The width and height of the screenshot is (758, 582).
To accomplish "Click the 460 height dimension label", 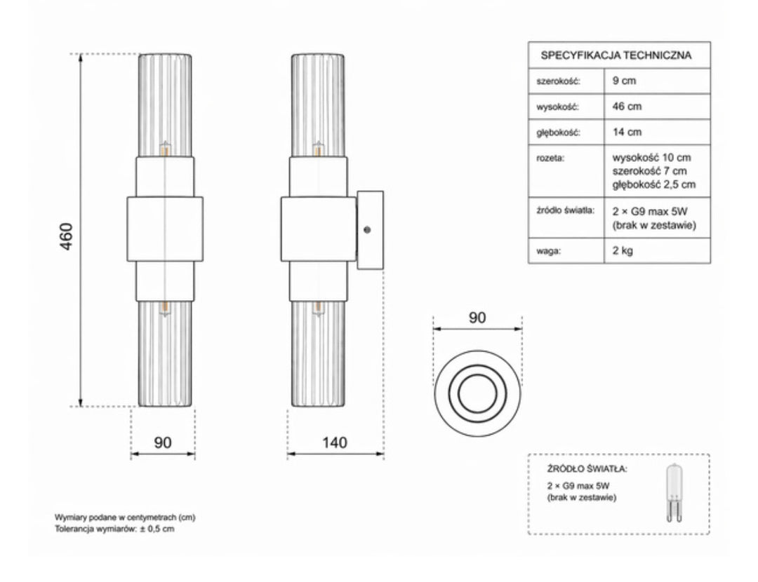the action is pos(66,236).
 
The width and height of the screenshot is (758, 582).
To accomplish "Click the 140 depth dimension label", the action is pos(335,442).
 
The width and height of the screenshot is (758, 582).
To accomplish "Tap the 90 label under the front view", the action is pos(162,442).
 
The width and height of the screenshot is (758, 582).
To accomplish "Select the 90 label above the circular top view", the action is pos(477,318).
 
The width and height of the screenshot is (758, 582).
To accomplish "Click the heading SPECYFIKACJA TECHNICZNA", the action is pos(616,55).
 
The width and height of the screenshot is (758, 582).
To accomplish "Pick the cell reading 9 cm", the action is pos(624,81).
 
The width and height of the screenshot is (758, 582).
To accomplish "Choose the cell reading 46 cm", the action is pos(627,107).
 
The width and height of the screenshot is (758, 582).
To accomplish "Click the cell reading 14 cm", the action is pos(627,132).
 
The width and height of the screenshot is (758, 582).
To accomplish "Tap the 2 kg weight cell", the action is pos(623,250).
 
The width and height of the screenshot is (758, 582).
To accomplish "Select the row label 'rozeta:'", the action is pos(550,158).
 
